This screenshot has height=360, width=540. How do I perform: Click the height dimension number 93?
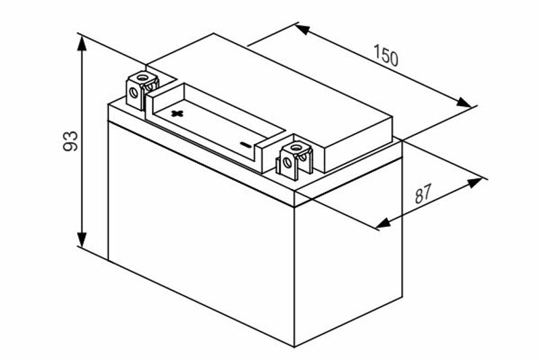(71, 140)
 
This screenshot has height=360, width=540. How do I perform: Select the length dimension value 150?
(386, 55)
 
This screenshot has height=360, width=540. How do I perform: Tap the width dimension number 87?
(423, 194)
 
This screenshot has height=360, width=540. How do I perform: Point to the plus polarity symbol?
(178, 113)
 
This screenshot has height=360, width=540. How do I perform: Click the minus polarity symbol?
(246, 145)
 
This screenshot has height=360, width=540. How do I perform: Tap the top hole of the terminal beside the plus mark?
(142, 76)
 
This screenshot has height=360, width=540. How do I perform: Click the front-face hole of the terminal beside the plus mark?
(134, 93)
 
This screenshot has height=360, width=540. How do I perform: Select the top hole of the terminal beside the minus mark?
(296, 148)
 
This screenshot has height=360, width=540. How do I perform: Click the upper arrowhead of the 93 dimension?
(82, 43)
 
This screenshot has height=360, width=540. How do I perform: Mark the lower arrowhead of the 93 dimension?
(82, 239)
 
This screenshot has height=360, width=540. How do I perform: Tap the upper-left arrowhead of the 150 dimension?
(302, 29)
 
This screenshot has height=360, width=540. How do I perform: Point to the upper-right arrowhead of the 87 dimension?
(475, 182)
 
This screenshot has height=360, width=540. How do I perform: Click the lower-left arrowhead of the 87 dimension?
(383, 224)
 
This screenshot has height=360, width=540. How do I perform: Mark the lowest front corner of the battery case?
(294, 346)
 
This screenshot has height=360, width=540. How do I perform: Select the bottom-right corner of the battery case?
(402, 297)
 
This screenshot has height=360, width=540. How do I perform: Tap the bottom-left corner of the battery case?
(108, 261)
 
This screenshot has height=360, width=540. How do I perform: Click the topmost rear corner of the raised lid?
(213, 33)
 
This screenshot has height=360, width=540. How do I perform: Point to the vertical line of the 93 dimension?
(82, 141)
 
